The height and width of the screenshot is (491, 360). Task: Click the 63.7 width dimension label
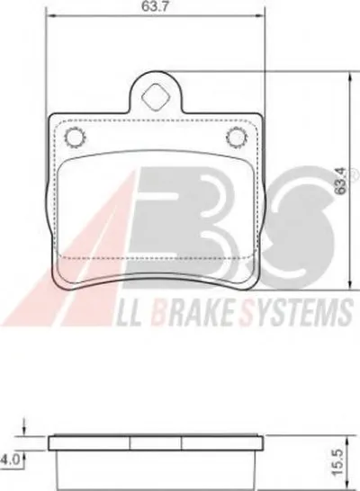click(155, 6)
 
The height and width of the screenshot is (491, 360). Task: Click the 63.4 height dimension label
click(341, 181)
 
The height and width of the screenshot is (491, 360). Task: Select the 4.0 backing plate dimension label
click(10, 460)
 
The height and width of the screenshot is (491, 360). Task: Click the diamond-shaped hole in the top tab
click(156, 97)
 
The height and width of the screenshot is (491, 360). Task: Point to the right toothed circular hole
click(237, 138)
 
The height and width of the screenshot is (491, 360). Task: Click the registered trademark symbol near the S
click(352, 172)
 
